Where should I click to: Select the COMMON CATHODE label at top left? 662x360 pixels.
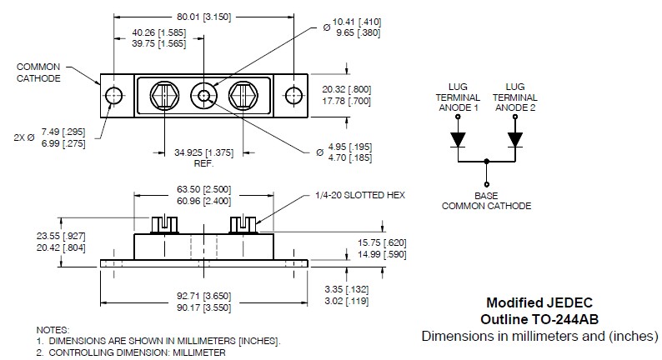tap(38, 72)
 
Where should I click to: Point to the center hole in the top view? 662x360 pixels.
tap(204, 93)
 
